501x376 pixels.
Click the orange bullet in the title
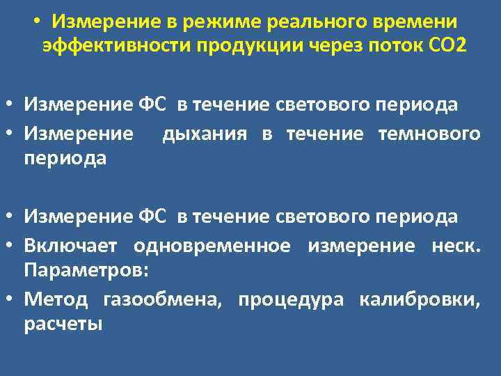[x=35, y=21]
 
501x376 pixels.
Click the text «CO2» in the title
[x=445, y=46]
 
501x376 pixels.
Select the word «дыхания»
[x=204, y=134]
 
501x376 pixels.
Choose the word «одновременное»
[x=212, y=245]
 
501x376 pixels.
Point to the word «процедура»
[x=291, y=300]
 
